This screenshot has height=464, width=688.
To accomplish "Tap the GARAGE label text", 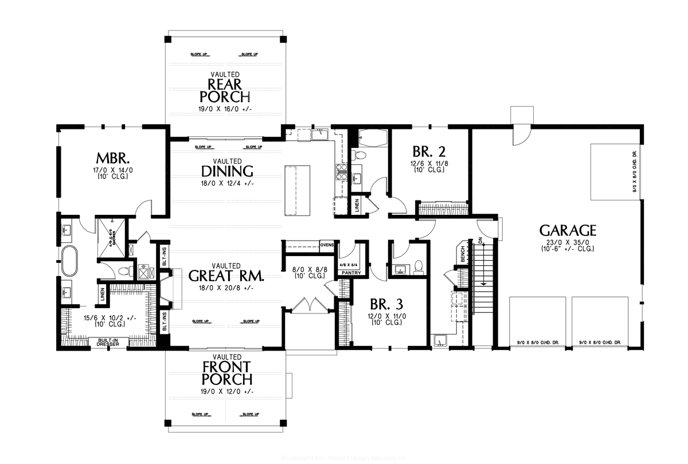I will pos(568,230).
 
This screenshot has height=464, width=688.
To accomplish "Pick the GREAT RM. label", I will pos(226,276).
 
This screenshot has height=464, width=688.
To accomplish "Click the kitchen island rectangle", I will pos(298,188).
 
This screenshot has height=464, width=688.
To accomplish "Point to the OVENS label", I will pos(327,245).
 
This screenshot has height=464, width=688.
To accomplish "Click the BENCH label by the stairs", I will pos(462,255).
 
